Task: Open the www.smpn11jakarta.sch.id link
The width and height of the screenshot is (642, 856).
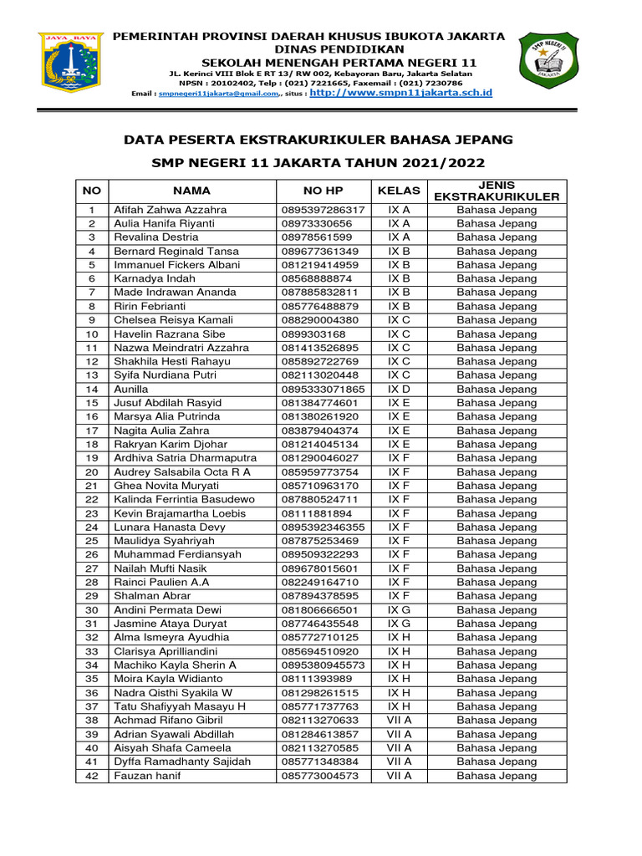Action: tap(400, 93)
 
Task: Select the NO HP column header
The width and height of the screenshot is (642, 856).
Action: tap(324, 191)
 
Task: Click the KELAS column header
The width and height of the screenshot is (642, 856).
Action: tap(399, 191)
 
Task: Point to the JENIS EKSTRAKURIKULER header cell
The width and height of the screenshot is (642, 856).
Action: tap(497, 191)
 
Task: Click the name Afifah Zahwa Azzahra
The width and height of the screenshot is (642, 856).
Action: tap(171, 210)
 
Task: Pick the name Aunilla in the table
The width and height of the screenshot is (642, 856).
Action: tap(131, 390)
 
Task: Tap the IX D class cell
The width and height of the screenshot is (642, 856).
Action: tap(399, 390)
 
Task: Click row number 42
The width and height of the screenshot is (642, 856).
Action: tap(92, 776)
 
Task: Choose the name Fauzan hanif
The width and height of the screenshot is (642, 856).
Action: tap(147, 776)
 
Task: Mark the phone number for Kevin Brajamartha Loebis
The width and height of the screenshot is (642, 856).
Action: tap(317, 513)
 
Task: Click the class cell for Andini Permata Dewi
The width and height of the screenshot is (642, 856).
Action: tap(399, 610)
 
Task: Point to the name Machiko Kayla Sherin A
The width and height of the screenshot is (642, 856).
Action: tap(176, 665)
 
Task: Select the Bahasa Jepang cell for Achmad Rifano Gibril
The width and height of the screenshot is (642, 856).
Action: tap(497, 721)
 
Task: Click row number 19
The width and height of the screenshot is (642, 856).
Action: tap(92, 458)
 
